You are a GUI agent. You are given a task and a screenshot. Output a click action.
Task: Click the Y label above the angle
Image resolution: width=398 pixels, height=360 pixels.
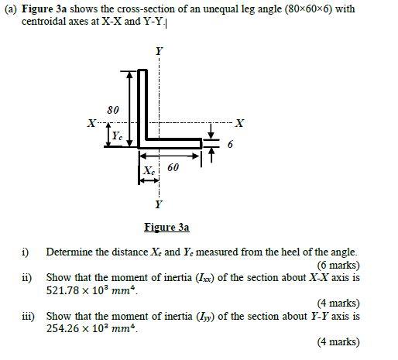[160, 51]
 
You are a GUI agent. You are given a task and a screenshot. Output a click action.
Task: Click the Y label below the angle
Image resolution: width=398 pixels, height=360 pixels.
[160, 204]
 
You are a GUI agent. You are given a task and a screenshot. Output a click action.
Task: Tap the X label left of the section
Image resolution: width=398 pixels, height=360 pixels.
[91, 123]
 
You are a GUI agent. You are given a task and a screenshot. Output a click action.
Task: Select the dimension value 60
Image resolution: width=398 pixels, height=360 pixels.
[173, 167]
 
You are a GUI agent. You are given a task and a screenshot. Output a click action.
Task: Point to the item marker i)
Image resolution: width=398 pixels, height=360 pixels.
[26, 252]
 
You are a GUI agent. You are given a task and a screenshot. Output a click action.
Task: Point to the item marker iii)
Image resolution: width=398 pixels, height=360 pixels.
[27, 316]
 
